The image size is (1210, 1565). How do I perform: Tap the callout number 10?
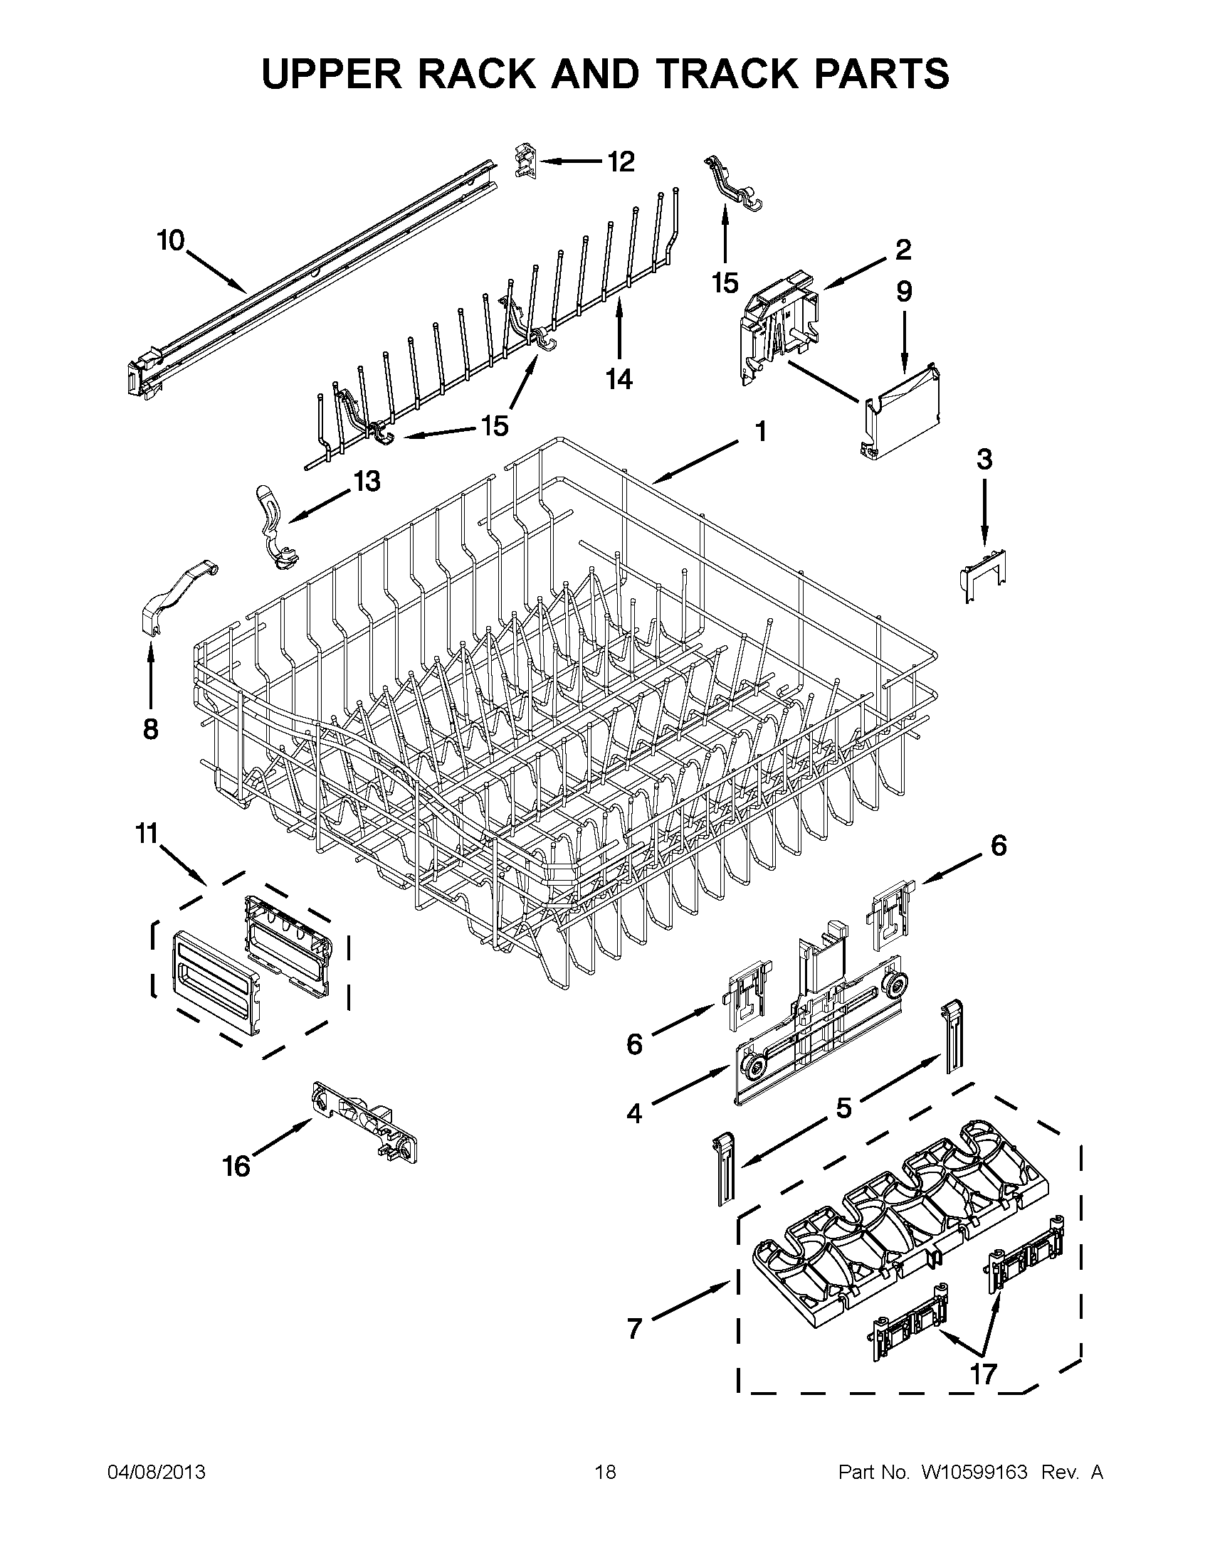(x=171, y=240)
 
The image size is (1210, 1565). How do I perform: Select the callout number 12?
(x=621, y=162)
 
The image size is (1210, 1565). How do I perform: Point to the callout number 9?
(x=904, y=292)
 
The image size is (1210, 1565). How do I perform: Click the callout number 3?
(x=984, y=460)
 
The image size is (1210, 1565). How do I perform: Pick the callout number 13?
(x=367, y=482)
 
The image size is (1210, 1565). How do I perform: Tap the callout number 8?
(x=150, y=728)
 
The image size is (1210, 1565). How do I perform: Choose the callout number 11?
(x=147, y=834)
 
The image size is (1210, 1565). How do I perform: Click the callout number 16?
(x=236, y=1167)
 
